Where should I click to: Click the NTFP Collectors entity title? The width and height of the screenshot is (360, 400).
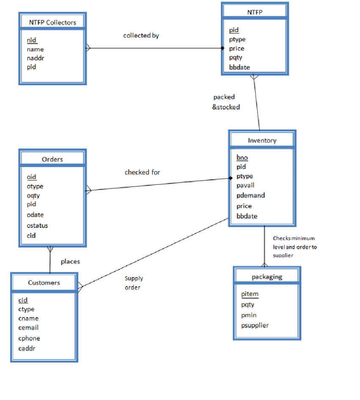[x=53, y=22]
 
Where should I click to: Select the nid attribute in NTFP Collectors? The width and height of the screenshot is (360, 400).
[x=32, y=40]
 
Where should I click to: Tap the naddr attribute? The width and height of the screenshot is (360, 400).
[x=35, y=58]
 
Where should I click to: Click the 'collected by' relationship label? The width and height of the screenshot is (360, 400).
[x=141, y=36]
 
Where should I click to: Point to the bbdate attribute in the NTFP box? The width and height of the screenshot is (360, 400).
[x=239, y=67]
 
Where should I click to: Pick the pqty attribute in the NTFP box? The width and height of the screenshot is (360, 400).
[x=236, y=58]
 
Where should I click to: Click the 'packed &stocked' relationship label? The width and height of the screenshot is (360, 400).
[x=226, y=102]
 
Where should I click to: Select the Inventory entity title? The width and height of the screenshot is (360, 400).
[x=262, y=140]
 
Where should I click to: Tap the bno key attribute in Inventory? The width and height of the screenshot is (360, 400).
[x=242, y=157]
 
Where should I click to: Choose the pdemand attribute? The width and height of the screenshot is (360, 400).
[x=251, y=195]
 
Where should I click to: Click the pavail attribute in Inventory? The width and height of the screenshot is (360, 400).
[x=245, y=185]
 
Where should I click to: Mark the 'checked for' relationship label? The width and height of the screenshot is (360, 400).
[x=142, y=172]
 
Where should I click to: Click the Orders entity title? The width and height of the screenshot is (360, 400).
[x=53, y=159]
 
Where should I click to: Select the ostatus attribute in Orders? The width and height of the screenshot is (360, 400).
[x=37, y=226]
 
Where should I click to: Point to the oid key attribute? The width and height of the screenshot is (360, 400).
[x=31, y=177]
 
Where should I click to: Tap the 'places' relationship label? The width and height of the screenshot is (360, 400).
[x=70, y=262]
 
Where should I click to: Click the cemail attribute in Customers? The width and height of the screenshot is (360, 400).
[x=28, y=327]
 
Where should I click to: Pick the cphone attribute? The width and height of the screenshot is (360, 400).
[x=29, y=338]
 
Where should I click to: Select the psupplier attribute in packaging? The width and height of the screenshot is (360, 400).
[x=255, y=326]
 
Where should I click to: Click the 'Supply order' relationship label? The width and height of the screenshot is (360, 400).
[x=133, y=283]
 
